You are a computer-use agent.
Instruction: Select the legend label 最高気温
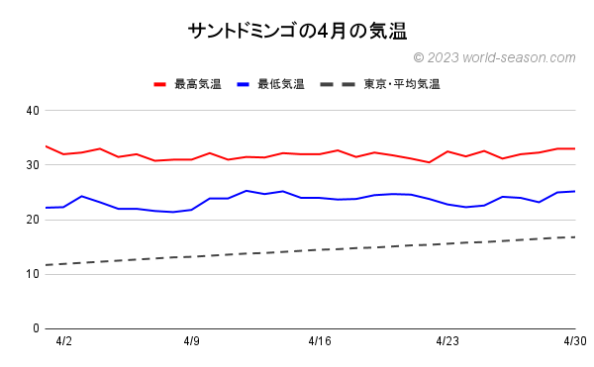click(197, 84)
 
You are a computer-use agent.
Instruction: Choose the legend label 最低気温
click(280, 84)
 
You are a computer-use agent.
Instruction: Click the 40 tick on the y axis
click(33, 110)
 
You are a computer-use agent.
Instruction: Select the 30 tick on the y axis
click(33, 164)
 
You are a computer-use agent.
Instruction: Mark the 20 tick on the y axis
click(33, 219)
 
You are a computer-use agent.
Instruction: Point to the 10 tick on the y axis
click(33, 273)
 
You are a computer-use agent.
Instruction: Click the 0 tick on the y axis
click(36, 327)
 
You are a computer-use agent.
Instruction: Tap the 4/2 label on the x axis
click(64, 341)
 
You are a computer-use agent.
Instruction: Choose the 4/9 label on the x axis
click(192, 341)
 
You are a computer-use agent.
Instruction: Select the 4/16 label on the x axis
click(320, 341)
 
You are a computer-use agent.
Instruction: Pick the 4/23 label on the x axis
click(447, 341)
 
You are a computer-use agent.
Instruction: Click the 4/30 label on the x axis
click(574, 341)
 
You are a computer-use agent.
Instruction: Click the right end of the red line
click(574, 148)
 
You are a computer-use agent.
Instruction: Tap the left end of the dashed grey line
click(47, 264)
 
